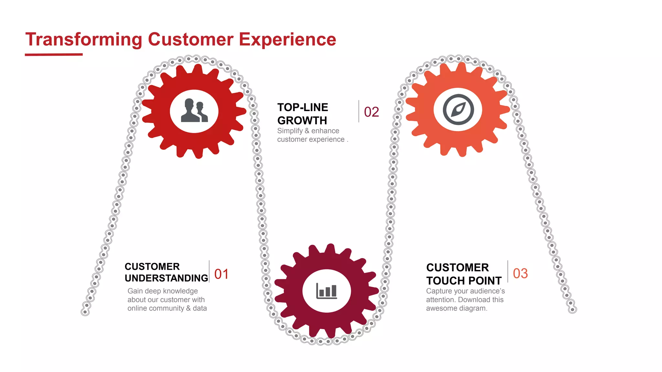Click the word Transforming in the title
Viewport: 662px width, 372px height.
(x=84, y=40)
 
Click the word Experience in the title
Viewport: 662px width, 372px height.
(x=287, y=40)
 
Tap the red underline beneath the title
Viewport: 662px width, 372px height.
(x=54, y=55)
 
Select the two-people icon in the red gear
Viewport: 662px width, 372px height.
(x=194, y=111)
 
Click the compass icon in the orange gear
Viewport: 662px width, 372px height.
(x=458, y=109)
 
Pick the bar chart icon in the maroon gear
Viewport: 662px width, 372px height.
(x=326, y=290)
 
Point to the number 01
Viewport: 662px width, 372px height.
(x=221, y=274)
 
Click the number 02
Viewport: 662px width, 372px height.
(x=371, y=112)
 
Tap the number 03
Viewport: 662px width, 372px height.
(x=520, y=274)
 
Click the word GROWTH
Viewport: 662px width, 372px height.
(x=302, y=120)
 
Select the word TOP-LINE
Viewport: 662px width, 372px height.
(x=303, y=107)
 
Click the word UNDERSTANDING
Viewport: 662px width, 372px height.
(x=166, y=278)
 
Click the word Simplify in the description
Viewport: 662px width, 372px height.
(x=290, y=131)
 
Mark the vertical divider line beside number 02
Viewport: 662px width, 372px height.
(x=359, y=111)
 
